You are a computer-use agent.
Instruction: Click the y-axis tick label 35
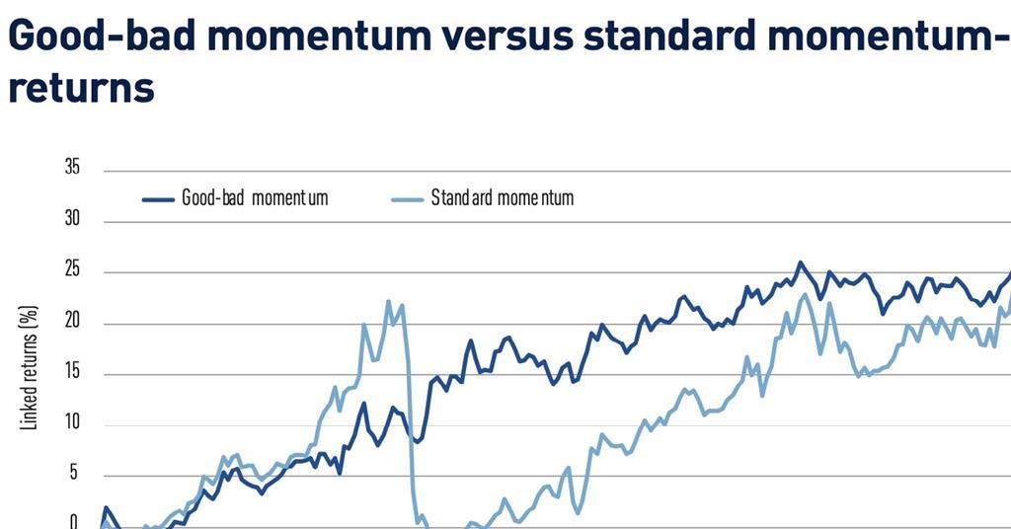point(72,169)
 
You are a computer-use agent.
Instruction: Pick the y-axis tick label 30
point(72,220)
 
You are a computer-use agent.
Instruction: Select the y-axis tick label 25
point(72,271)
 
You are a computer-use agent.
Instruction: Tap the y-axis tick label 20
point(72,323)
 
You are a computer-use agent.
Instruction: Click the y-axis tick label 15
point(72,374)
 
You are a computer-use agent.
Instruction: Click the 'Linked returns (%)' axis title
point(29,367)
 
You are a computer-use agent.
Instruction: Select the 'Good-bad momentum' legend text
point(255,198)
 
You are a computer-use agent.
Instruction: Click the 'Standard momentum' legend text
point(502,198)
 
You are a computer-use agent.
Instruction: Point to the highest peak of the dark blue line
point(800,263)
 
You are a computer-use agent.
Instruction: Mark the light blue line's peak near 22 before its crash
point(388,301)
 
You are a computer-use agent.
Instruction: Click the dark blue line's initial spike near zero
point(106,508)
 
